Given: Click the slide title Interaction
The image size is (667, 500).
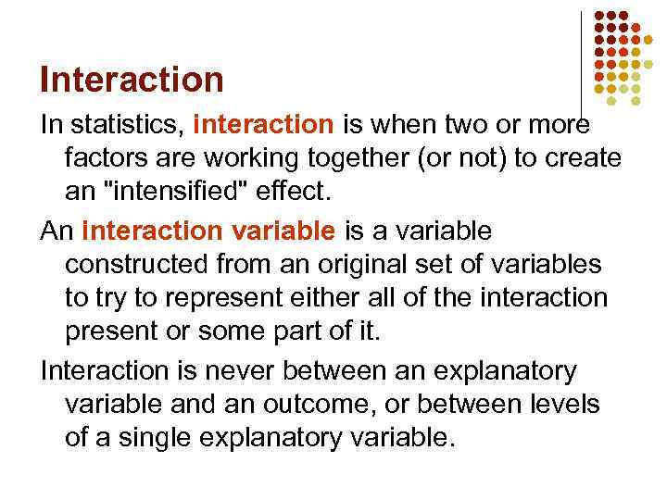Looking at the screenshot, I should tap(132, 80).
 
